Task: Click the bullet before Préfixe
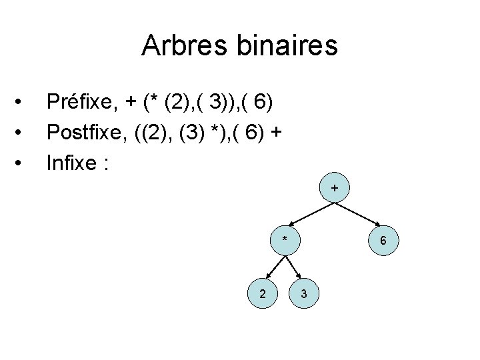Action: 23,102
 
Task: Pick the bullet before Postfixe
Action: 23,133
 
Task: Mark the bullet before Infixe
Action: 23,163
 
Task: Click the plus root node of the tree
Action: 334,190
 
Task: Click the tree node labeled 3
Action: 303,294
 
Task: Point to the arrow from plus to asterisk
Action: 309,214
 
